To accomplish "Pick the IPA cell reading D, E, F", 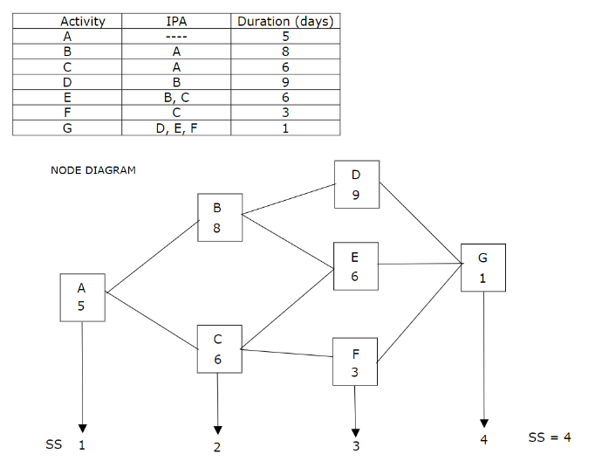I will coord(177,127).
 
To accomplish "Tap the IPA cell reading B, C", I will coord(177,99).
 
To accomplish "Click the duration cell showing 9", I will coord(286,84).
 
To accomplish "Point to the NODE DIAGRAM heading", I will coord(93,170).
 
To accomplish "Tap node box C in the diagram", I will coord(218,348).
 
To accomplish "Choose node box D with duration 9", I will coord(356,184).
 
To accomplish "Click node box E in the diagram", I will coord(355,265).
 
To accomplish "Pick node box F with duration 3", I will coord(355,362).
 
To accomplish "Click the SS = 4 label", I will coord(550,437).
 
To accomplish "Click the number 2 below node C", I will coord(217,448).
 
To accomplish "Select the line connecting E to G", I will coord(420,264).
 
